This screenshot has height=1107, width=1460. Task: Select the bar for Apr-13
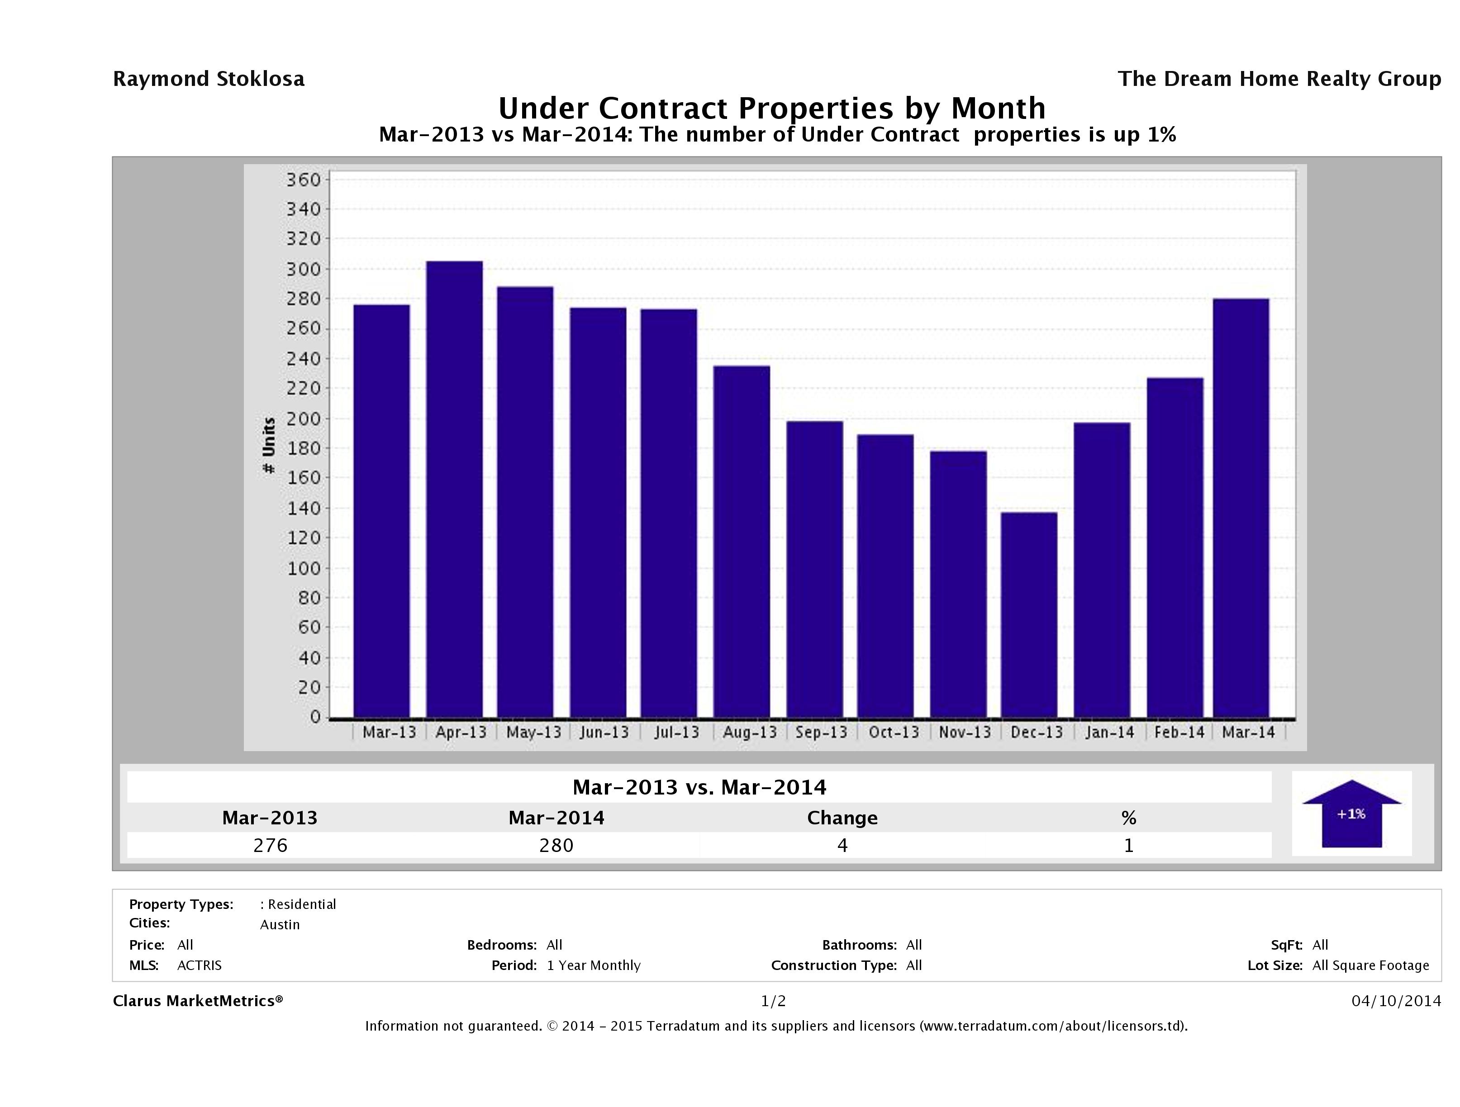click(454, 489)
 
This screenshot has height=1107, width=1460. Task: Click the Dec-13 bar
click(1028, 614)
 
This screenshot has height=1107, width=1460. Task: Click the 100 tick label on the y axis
click(303, 568)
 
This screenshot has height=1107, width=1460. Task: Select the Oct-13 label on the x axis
click(894, 732)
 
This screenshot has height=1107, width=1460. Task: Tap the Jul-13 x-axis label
click(676, 732)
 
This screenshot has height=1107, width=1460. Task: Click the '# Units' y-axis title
click(269, 445)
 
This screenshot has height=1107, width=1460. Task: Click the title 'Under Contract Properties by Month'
click(771, 108)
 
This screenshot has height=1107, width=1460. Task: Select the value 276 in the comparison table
click(270, 845)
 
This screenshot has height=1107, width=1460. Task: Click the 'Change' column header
click(842, 818)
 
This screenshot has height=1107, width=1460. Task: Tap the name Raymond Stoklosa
click(209, 79)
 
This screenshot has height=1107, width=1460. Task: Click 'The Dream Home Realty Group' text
click(1279, 79)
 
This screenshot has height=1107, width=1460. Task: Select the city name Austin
click(280, 924)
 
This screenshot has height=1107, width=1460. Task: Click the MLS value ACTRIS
click(200, 965)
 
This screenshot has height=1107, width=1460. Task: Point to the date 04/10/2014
click(1396, 1001)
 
